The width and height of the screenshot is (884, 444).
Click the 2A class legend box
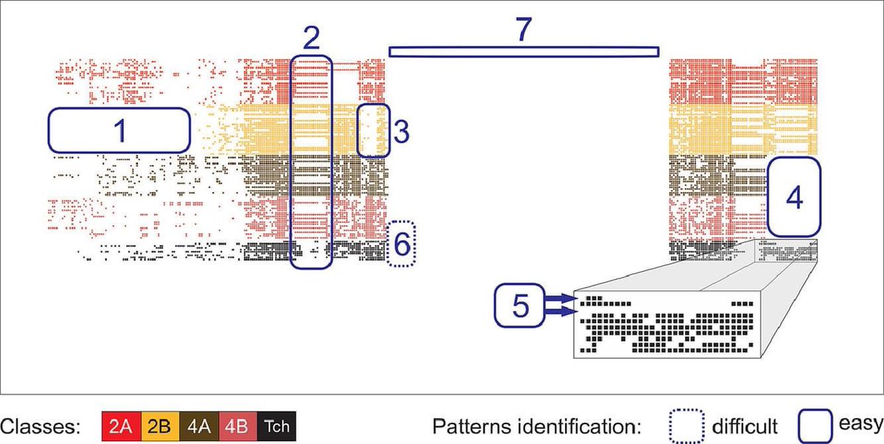(120, 426)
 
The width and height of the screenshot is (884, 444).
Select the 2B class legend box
(158, 426)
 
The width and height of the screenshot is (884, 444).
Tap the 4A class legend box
(197, 426)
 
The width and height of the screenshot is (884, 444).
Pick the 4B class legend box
(236, 426)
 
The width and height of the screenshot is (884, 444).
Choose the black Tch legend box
(276, 426)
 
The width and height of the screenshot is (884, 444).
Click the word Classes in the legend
(40, 426)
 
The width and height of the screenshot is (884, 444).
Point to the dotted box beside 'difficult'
(686, 425)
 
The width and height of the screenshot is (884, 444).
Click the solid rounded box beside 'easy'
(814, 425)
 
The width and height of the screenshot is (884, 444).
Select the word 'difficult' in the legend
(745, 426)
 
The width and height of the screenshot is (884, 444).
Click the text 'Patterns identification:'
(537, 426)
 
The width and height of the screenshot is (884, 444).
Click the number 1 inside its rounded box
(119, 131)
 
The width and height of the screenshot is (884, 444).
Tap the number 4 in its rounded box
(793, 197)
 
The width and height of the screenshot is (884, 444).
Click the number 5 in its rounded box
(520, 306)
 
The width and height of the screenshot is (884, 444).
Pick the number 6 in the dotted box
(401, 244)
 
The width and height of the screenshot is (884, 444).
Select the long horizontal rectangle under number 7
(524, 51)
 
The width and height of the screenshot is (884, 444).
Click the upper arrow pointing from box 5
(561, 298)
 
